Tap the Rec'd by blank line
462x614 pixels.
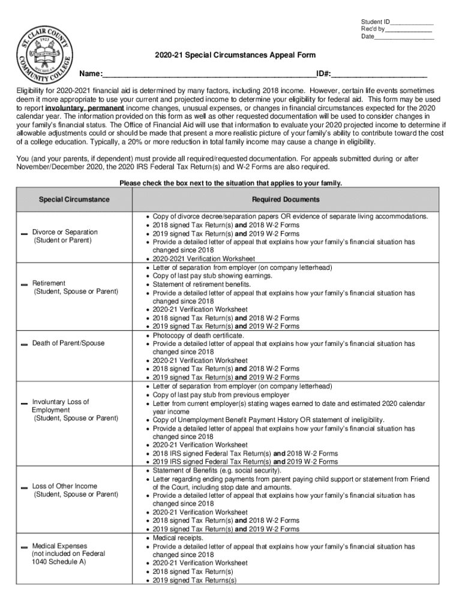click(409, 29)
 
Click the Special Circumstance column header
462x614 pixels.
click(74, 200)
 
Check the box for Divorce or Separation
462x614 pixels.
click(24, 233)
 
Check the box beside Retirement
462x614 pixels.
click(24, 284)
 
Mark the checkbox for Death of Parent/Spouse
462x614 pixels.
click(24, 344)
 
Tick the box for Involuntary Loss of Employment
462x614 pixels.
click(24, 402)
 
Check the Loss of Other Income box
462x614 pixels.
click(24, 487)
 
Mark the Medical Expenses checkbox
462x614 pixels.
click(24, 547)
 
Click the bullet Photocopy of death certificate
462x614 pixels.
click(198, 335)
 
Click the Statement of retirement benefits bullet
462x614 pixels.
click(202, 284)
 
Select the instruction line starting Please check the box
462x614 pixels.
click(230, 183)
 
